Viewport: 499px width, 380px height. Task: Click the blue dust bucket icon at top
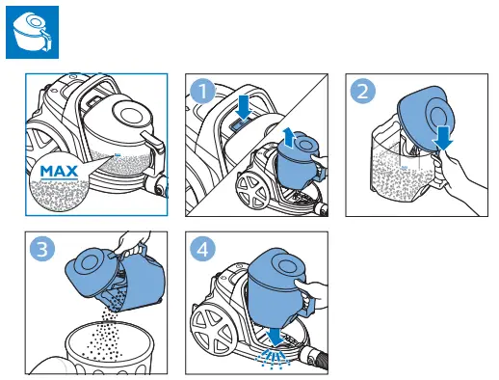tap(32, 32)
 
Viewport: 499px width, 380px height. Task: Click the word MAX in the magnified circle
tap(59, 172)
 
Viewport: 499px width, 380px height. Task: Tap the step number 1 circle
tap(203, 91)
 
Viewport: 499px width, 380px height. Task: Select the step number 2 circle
tap(363, 92)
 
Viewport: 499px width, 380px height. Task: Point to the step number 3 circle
tap(42, 249)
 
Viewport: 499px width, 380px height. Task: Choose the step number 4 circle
tap(202, 249)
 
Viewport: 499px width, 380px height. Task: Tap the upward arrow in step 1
tap(288, 138)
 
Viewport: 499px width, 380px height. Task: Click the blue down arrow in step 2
tap(443, 138)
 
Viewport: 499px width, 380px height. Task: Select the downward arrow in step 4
tap(276, 337)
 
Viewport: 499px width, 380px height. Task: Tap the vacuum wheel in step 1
tap(253, 191)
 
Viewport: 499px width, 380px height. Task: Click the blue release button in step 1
tap(240, 123)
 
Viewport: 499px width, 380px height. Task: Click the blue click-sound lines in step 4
tap(273, 359)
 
